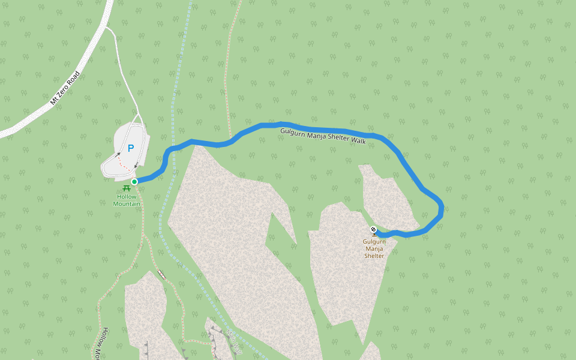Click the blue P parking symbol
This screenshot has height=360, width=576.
130,148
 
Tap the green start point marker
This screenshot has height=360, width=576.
134,181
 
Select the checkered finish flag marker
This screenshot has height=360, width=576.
373,229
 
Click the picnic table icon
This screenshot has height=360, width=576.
127,188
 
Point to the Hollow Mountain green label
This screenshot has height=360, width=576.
127,200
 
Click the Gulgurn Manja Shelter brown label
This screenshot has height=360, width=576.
374,249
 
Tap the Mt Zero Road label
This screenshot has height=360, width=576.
65,88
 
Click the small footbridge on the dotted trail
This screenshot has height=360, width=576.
161,274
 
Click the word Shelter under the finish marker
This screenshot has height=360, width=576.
374,256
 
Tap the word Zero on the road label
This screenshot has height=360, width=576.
65,88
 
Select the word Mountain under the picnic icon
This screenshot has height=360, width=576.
127,204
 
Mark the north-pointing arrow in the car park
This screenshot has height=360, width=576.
118,155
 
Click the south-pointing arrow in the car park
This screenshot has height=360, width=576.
136,164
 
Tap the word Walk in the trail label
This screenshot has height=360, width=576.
358,140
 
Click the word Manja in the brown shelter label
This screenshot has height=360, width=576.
374,249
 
